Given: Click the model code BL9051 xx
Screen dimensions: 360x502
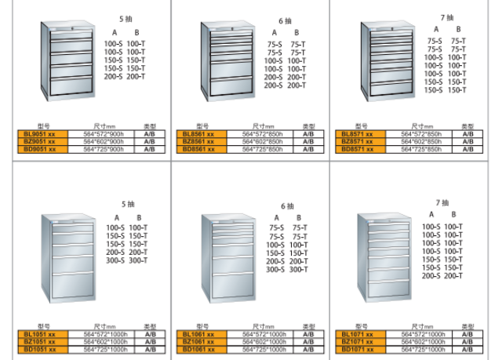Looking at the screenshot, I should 40,134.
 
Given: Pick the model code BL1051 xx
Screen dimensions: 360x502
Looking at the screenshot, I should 40,335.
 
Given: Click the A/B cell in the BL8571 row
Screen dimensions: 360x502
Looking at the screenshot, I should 467,134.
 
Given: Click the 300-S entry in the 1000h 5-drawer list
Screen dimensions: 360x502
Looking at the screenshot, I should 115,260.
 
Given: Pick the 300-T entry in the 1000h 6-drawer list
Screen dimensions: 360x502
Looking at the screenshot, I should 298,270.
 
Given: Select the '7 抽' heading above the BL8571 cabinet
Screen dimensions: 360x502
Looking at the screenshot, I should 447,16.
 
